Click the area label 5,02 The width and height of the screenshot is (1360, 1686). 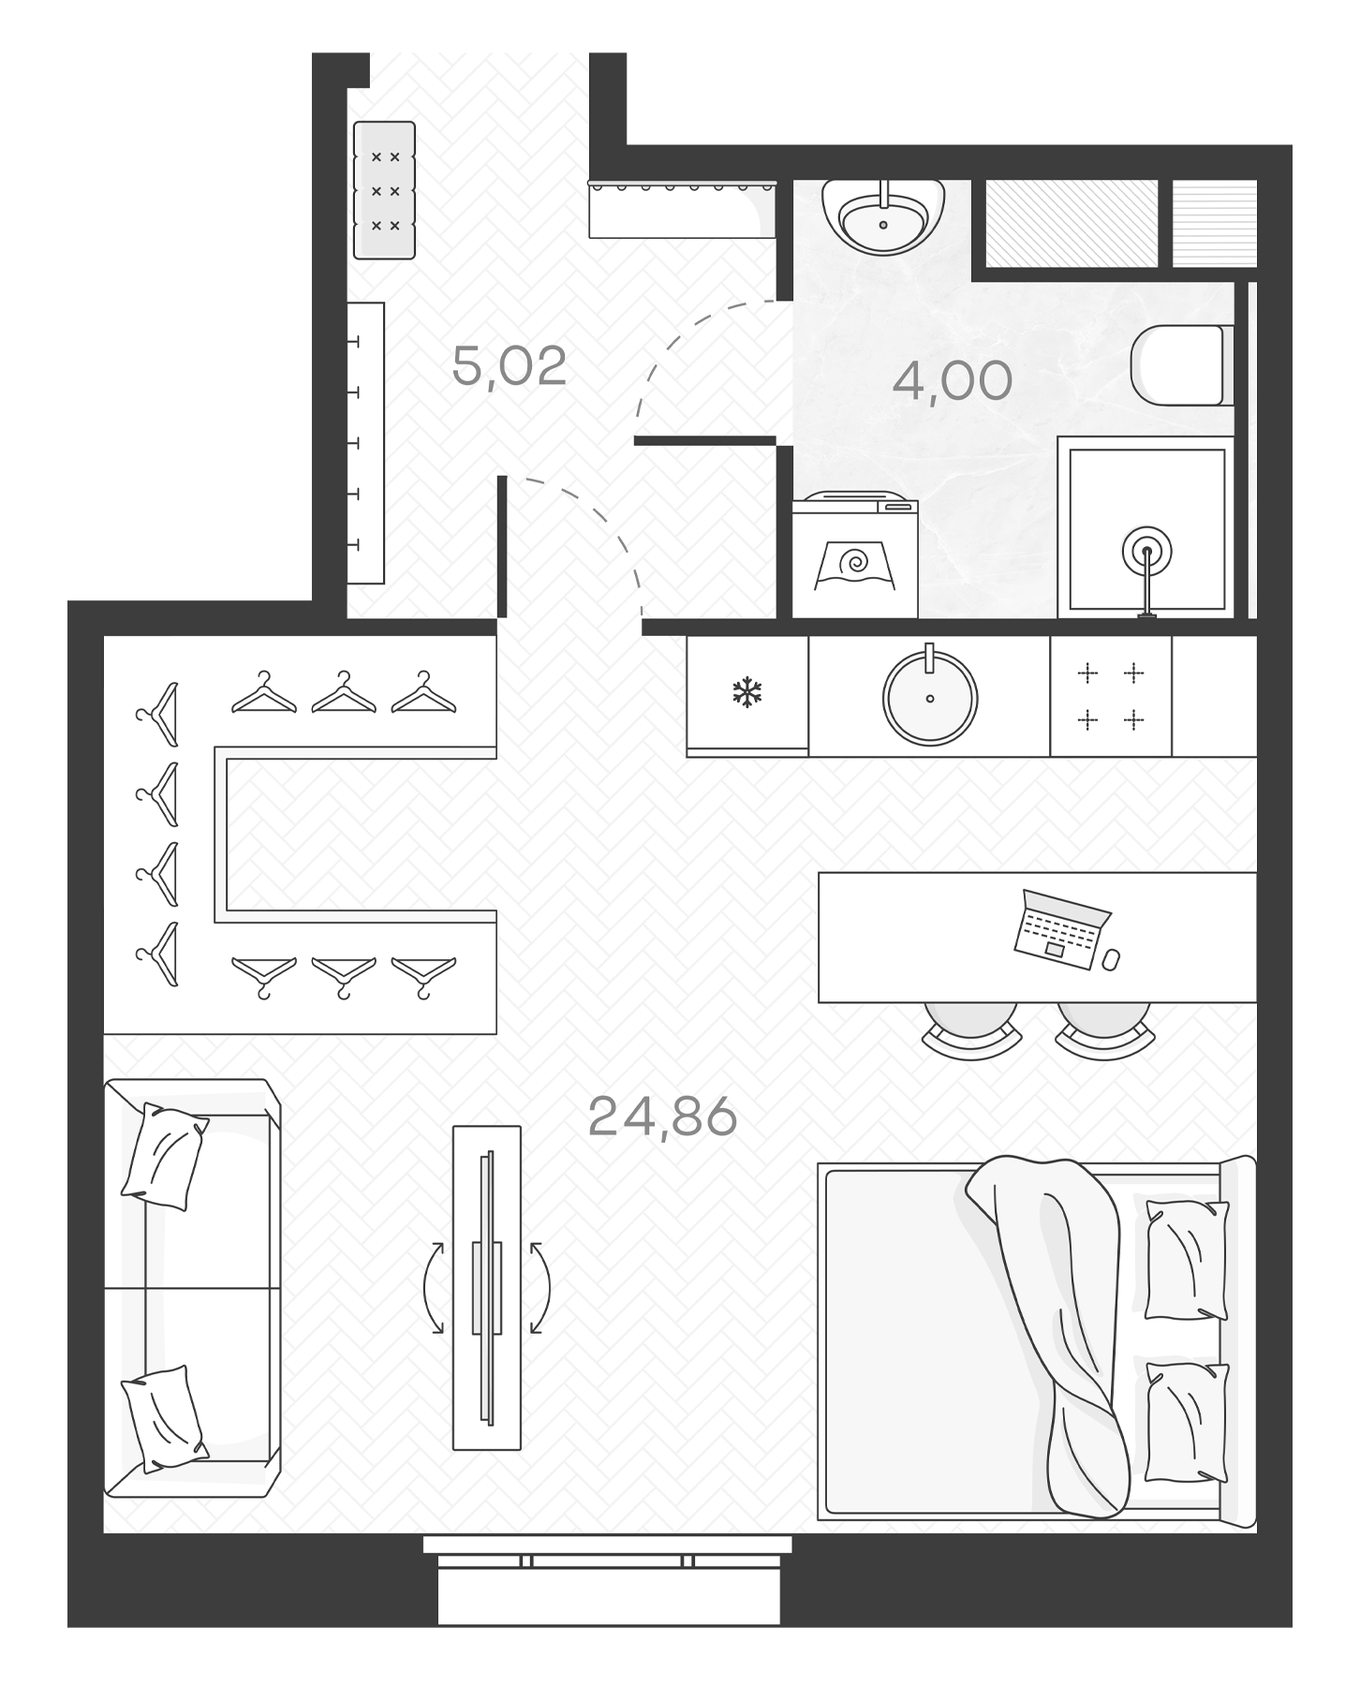(510, 366)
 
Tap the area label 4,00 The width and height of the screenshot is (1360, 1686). (952, 381)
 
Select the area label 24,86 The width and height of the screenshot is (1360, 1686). (662, 1117)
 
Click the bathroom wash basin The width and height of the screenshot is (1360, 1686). (882, 217)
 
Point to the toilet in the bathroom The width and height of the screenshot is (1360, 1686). (1178, 365)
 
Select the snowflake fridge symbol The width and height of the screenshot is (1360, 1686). (747, 694)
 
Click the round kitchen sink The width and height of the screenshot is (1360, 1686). (929, 698)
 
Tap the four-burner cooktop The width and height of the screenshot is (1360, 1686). (1110, 696)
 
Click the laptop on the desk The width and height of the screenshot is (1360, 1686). (1061, 929)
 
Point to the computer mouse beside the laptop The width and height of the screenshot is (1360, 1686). (1111, 960)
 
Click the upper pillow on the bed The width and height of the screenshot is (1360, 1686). (1187, 1260)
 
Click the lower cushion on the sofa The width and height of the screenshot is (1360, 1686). (164, 1418)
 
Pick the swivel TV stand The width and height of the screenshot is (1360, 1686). (486, 1287)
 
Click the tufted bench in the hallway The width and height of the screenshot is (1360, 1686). (384, 190)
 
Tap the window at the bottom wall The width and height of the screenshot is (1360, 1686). (608, 1561)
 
